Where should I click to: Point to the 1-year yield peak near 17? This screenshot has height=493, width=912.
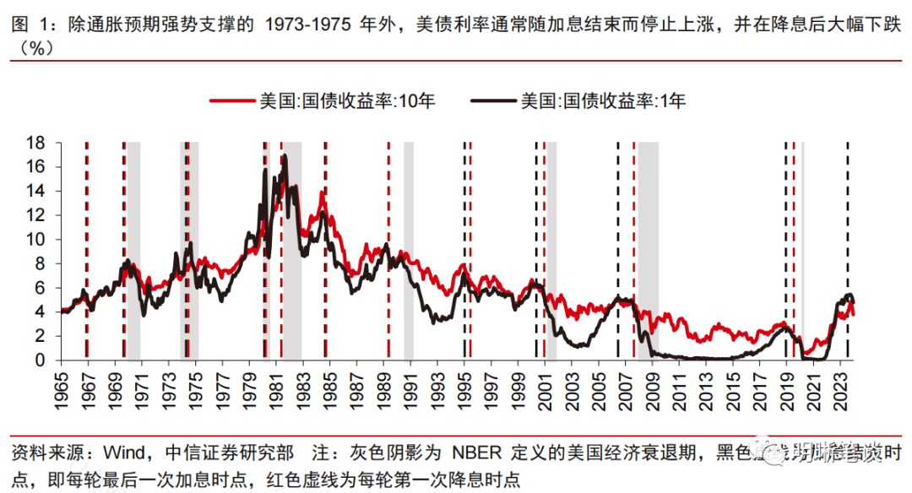tap(285, 156)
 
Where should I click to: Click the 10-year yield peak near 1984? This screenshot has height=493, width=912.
tap(322, 193)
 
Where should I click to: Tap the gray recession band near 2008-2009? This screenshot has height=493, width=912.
tap(648, 253)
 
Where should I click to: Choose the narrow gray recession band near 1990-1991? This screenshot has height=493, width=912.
tap(409, 253)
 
